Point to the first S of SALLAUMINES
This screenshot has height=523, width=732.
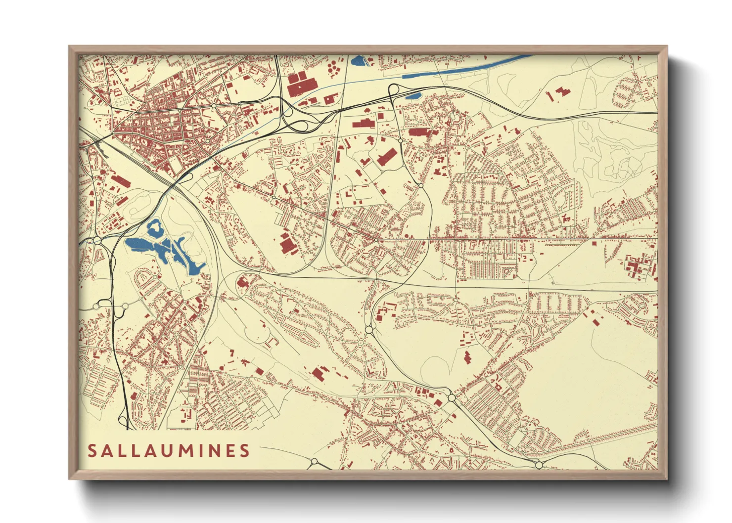(x=92, y=451)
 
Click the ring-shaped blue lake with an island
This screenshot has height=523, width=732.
(x=155, y=228)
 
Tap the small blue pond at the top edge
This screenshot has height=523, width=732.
(x=358, y=61)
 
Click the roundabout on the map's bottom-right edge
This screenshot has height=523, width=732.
(x=539, y=465)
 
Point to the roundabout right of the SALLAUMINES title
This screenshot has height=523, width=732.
(x=314, y=462)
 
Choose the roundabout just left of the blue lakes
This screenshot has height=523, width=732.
(x=97, y=241)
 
